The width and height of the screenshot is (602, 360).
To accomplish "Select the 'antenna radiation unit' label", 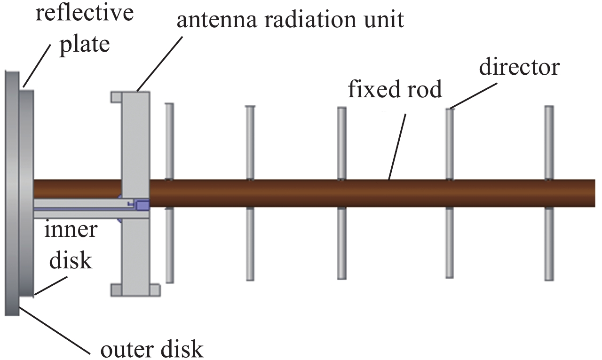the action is click(x=290, y=19).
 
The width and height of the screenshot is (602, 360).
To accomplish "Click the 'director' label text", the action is click(x=520, y=67).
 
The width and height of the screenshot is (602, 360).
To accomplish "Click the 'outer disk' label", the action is click(x=152, y=349).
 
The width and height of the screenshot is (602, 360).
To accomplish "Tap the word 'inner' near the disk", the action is click(x=71, y=229).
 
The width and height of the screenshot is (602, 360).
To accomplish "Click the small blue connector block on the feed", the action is click(x=143, y=205).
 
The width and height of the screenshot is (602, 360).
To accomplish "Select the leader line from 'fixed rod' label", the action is click(x=397, y=147).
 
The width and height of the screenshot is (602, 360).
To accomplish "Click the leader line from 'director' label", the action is click(x=474, y=95).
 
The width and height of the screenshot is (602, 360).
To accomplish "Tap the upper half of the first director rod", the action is click(x=169, y=141).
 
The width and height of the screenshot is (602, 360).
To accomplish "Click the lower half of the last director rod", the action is click(x=549, y=243).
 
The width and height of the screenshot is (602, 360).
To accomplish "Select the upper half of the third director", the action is click(x=342, y=143).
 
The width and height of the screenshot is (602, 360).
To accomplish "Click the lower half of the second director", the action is click(x=250, y=243).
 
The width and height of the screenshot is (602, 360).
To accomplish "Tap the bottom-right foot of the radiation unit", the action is click(x=155, y=290).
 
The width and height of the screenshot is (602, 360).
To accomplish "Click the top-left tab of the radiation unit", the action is click(x=116, y=97).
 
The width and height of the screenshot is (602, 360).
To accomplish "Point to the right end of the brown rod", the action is click(x=594, y=193).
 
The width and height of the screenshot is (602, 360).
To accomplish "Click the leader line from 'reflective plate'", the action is click(x=37, y=66).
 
